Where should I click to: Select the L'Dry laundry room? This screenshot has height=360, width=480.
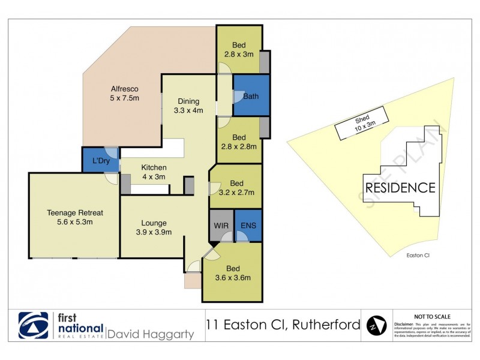[100, 161]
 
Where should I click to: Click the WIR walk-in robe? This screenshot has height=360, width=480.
[220, 226]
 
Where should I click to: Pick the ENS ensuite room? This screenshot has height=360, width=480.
[248, 226]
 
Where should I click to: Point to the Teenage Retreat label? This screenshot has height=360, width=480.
[75, 217]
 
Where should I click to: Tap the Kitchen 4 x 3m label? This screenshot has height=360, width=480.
[154, 172]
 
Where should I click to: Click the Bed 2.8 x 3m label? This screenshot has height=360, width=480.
[239, 49]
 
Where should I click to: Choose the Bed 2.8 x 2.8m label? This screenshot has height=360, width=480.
[239, 141]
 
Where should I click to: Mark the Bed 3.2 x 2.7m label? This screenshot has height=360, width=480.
[236, 188]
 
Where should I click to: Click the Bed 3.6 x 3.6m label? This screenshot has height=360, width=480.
[233, 272]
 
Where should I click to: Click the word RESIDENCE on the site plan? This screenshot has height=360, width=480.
[400, 187]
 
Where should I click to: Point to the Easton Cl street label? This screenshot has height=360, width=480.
[418, 254]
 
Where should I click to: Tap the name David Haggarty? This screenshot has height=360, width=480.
[150, 334]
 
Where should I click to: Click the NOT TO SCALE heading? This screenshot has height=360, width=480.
[433, 316]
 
